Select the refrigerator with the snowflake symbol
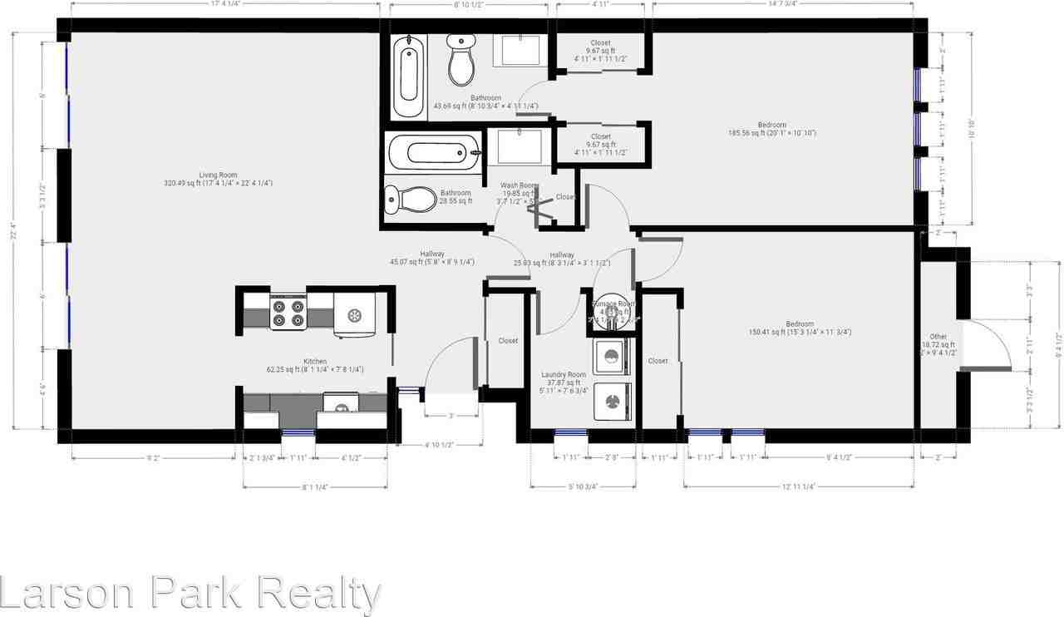click(x=355, y=315)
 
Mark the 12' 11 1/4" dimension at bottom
click(x=798, y=487)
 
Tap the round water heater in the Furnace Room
click(x=612, y=313)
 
